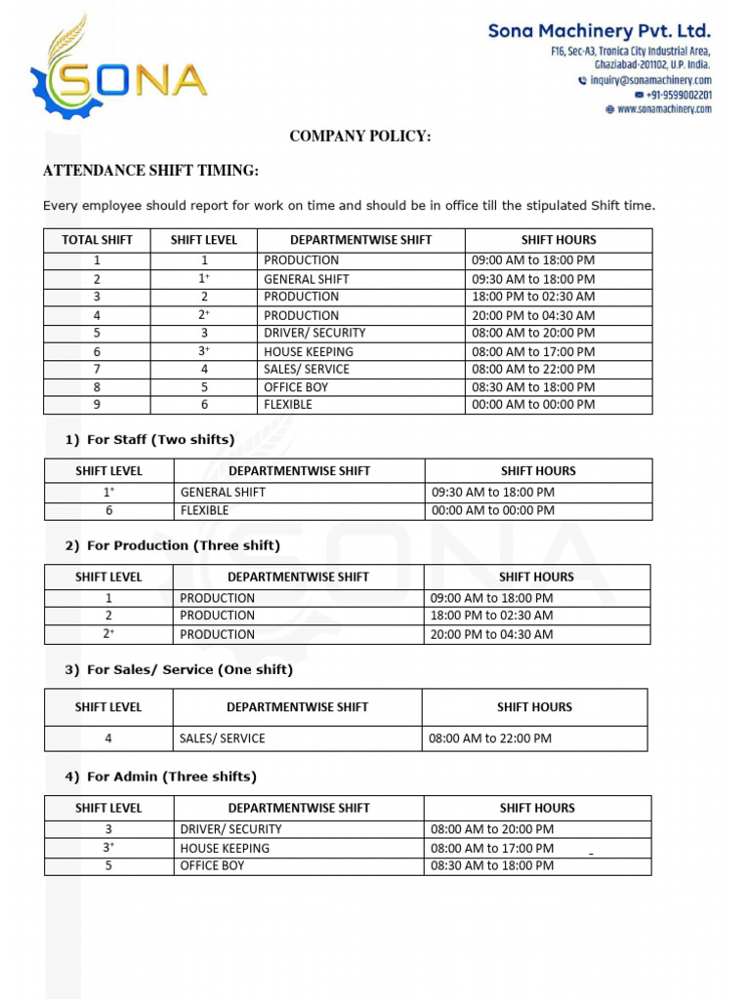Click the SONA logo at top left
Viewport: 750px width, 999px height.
[118, 73]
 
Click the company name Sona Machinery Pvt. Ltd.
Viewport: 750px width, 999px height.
[600, 32]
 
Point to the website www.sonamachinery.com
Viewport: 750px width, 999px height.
[665, 109]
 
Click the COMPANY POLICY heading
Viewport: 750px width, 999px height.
[359, 137]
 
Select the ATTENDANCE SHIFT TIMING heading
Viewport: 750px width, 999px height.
[151, 172]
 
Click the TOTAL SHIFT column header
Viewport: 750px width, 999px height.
[97, 240]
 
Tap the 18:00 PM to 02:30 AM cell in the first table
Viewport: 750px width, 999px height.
[533, 297]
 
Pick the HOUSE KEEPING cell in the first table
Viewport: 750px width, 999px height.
[309, 351]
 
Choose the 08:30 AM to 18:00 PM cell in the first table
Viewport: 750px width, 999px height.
[533, 386]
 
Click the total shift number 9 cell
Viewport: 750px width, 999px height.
[97, 404]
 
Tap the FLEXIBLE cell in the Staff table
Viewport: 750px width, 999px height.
[204, 510]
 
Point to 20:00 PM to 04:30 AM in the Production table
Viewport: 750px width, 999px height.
[492, 634]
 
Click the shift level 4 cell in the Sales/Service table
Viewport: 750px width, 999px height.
[108, 739]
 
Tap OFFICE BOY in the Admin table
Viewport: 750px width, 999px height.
[213, 865]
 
